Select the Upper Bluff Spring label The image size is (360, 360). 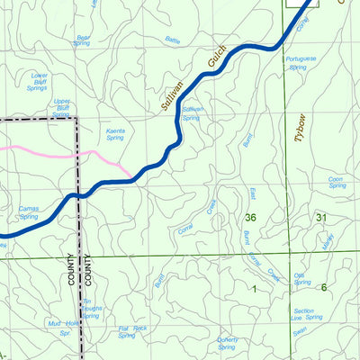pos(61,107)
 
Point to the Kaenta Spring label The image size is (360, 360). pos(115,134)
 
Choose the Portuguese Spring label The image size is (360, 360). pos(301,63)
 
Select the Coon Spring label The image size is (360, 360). pos(337,183)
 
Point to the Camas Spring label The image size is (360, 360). pos(29,212)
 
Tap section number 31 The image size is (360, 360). pos(321,218)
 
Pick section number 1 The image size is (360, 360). pos(254,288)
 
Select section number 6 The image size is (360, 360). pos(323,288)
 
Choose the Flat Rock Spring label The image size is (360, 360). pos(132,332)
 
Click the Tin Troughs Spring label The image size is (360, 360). pos(91,309)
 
